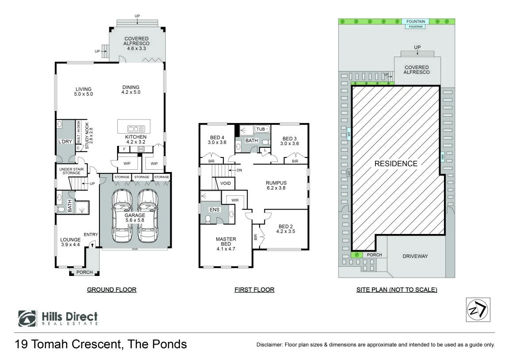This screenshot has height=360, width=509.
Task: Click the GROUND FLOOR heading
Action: pyautogui.click(x=112, y=290)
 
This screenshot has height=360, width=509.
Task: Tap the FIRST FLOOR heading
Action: pyautogui.click(x=255, y=290)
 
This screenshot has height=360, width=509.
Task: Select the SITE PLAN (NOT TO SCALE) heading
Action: pyautogui.click(x=397, y=290)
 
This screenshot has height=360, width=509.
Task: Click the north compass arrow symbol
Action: pyautogui.click(x=478, y=310)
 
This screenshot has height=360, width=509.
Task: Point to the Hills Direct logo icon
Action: pyautogui.click(x=27, y=318)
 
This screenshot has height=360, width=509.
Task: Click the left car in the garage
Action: pyautogui.click(x=122, y=216)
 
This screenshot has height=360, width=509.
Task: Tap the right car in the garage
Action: pyautogui.click(x=148, y=216)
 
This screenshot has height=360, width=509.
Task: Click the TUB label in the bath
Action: pyautogui.click(x=260, y=129)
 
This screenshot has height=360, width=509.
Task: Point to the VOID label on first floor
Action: pyautogui.click(x=225, y=184)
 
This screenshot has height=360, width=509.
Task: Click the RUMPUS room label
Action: pyautogui.click(x=276, y=183)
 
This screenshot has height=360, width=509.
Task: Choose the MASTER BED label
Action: pyautogui.click(x=226, y=241)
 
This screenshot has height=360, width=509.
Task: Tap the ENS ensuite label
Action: pyautogui.click(x=214, y=210)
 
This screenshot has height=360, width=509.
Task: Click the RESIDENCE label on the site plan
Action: pyautogui.click(x=396, y=164)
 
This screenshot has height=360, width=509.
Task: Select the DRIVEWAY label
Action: pyautogui.click(x=415, y=256)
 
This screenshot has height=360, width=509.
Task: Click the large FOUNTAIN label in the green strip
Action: pyautogui.click(x=416, y=21)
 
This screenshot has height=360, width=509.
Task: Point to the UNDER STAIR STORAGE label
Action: pyautogui.click(x=71, y=171)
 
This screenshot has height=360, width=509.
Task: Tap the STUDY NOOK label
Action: pyautogui.click(x=87, y=136)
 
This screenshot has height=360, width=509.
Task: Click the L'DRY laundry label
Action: pyautogui.click(x=65, y=142)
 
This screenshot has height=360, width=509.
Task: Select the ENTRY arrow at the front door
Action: pyautogui.click(x=92, y=245)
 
